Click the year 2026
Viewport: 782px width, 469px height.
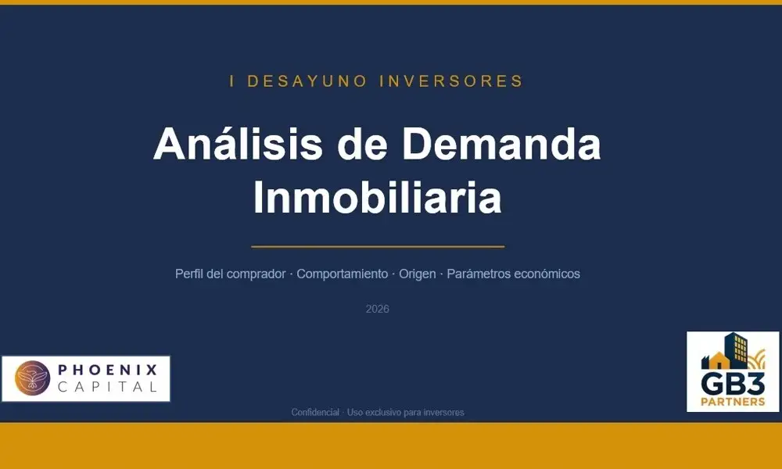[x=377, y=309]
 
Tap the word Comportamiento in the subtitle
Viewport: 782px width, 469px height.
[x=342, y=274]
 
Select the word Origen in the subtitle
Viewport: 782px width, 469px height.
[x=417, y=274]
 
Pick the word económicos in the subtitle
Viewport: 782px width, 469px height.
[x=547, y=274]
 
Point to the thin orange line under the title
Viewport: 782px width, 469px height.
[x=377, y=246]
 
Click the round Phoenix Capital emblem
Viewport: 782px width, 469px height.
[x=32, y=378]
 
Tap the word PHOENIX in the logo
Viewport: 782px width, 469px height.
[x=107, y=369]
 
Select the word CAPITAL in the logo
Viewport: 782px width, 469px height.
[x=107, y=387]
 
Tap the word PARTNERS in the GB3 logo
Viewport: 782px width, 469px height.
[x=733, y=402]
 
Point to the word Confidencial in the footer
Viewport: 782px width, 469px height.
[x=315, y=412]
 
